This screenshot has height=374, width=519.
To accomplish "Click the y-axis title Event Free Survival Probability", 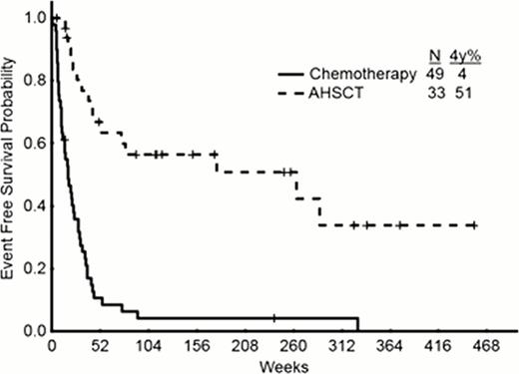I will coord(10,176).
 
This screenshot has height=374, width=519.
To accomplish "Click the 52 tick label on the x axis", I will coord(99,345).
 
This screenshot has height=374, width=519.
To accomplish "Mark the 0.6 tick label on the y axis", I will coord(34,143).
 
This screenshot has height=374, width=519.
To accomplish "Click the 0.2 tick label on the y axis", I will coord(34,268).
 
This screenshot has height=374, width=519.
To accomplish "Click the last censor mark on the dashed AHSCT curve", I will coord(473,225).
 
